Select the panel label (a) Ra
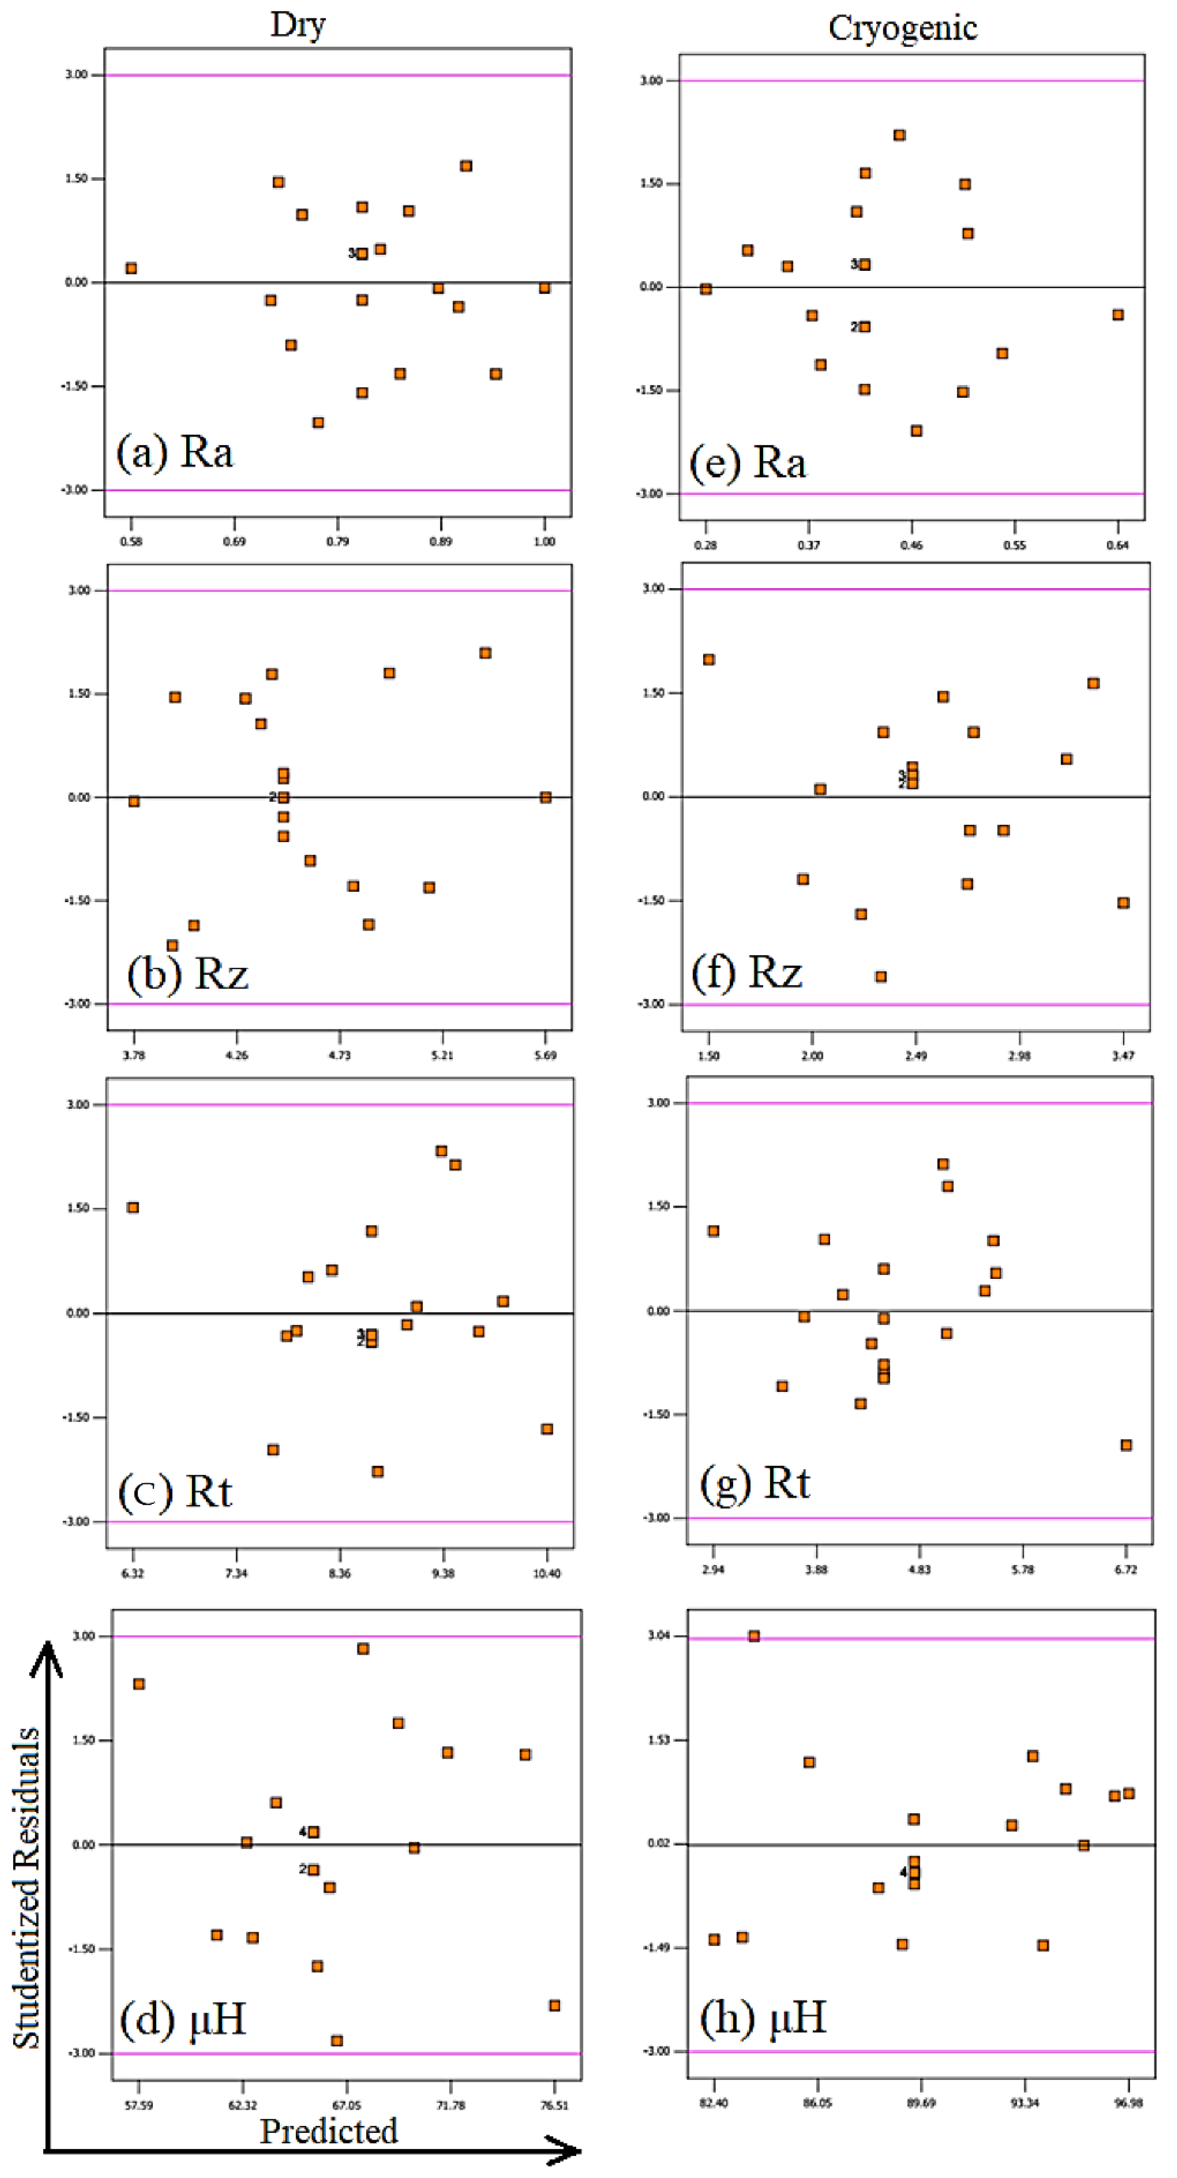175,452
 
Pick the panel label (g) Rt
755,1483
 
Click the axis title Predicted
328,2131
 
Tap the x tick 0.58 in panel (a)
131,541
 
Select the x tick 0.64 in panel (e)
1117,545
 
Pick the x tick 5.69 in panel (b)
545,1055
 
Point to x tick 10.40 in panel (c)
546,1573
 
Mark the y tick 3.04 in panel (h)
659,1635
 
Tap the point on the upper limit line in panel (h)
753,1636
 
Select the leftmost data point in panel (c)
133,1207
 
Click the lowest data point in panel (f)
880,977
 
